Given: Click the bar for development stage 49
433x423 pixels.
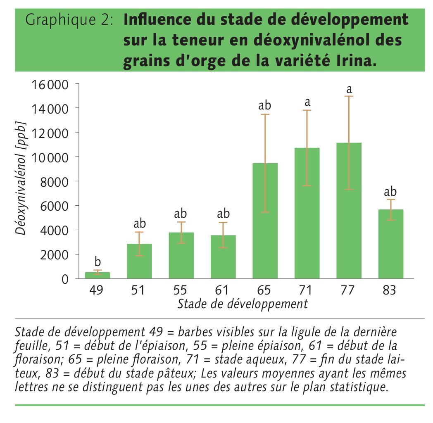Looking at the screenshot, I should click(x=98, y=275).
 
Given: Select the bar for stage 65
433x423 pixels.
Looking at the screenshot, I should click(x=265, y=221).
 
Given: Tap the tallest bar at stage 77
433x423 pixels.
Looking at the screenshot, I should click(x=349, y=211).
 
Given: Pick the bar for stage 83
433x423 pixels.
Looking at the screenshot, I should click(x=390, y=244).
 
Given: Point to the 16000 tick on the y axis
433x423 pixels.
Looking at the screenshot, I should click(x=49, y=85).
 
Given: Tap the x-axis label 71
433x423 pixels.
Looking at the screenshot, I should click(x=307, y=290).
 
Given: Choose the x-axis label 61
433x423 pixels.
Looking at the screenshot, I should click(x=223, y=290).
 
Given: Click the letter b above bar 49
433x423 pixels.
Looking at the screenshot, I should click(x=98, y=261).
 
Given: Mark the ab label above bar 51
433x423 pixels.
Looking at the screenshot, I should click(x=140, y=223).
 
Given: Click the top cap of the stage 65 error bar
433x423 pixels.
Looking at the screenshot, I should click(x=265, y=114).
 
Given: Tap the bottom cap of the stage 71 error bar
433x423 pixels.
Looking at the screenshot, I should click(x=307, y=185).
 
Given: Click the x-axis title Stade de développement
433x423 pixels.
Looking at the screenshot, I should click(x=243, y=304).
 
